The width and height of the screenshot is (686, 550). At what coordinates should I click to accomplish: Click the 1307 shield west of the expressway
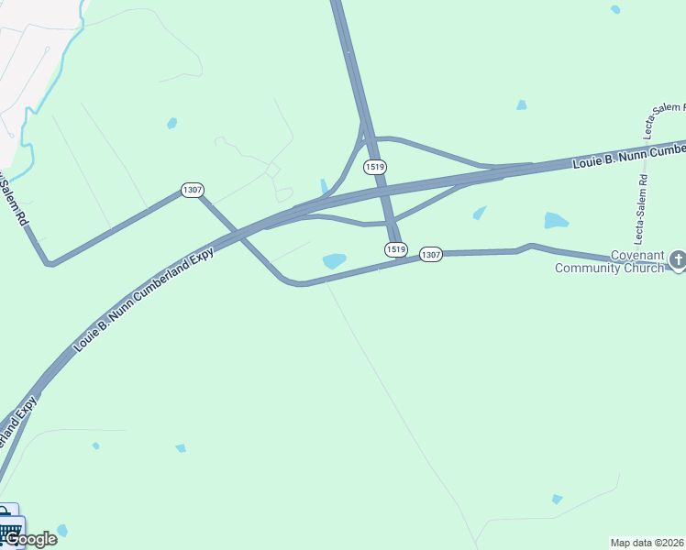point(192,190)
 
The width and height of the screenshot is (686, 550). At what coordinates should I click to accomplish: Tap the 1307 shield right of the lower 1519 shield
point(431,254)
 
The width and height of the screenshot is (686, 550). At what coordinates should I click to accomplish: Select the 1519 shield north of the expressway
point(373,167)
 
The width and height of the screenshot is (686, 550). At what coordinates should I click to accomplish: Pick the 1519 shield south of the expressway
point(395,249)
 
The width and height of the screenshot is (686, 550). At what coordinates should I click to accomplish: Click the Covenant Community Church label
point(609,262)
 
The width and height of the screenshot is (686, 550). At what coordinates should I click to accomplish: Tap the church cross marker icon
point(678,260)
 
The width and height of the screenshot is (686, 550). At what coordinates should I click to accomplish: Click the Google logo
point(30,539)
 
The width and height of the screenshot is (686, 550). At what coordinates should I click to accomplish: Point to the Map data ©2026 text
point(647,543)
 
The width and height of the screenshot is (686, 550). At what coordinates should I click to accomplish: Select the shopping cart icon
point(9,527)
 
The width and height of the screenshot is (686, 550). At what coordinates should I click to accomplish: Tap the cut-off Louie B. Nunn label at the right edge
point(629,155)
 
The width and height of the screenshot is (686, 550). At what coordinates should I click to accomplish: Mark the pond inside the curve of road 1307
point(335,261)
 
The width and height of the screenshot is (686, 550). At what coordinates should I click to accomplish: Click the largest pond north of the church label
point(556,220)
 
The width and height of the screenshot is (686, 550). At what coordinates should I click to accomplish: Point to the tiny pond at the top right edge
point(615,9)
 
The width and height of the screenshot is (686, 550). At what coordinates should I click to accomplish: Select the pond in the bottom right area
point(557,500)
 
